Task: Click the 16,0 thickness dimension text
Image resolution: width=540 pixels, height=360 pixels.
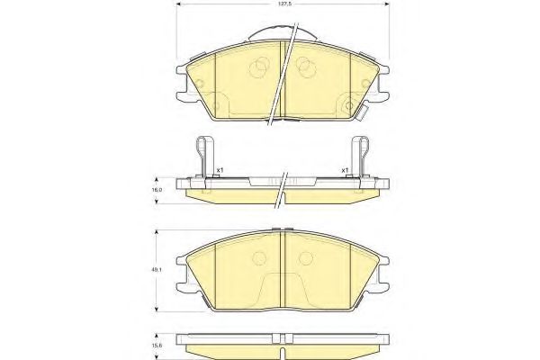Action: coord(155,191)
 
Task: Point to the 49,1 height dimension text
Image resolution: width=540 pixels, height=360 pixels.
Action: coord(155,270)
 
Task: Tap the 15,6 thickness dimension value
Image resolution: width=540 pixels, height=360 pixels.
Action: coord(155,344)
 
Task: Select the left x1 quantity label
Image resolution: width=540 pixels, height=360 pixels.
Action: coord(220,170)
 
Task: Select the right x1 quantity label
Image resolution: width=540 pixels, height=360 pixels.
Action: coord(344,170)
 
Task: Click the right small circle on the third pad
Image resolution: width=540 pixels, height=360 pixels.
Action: coord(307,258)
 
